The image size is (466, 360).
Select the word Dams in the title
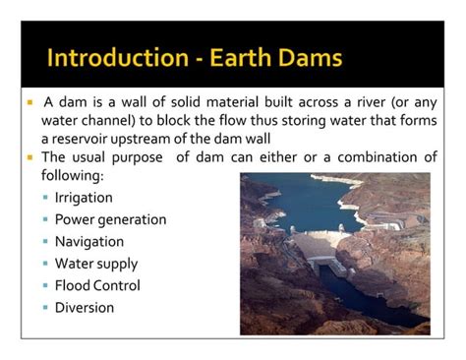(314, 58)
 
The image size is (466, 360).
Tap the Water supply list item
(95, 264)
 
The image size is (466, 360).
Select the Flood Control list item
(96, 285)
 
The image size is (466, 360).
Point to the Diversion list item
(85, 308)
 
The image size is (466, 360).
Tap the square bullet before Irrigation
(46, 198)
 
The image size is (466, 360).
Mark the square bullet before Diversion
(46, 309)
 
